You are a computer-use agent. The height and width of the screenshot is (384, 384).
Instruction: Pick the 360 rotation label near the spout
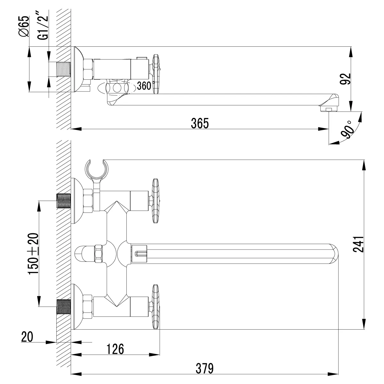(x=144, y=86)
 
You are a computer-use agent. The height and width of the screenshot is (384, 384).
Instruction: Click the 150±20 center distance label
(x=33, y=253)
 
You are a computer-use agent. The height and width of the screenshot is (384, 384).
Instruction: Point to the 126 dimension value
(x=115, y=349)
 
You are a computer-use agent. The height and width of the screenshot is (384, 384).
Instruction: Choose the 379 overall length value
(x=204, y=368)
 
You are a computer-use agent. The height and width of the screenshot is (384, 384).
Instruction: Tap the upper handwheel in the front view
(x=156, y=201)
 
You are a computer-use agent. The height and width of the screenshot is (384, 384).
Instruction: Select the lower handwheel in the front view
(x=156, y=306)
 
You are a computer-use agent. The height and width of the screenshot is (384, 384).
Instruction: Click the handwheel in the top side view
(x=156, y=74)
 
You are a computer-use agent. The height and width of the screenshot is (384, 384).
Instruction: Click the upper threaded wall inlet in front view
(x=63, y=201)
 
